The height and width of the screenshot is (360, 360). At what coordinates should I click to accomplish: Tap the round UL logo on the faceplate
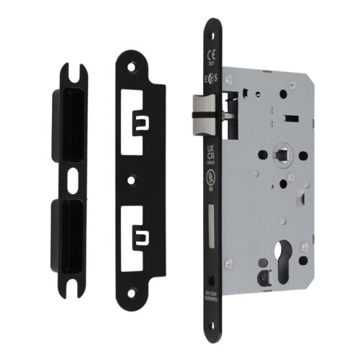[x=211, y=176]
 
